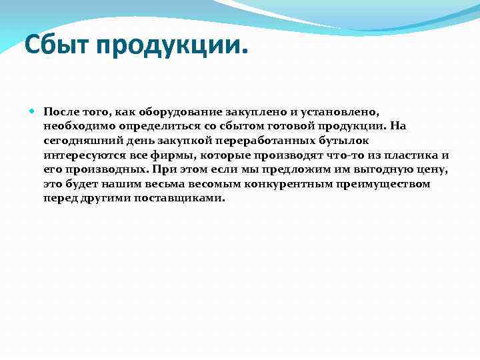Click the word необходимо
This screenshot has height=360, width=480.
tap(77, 125)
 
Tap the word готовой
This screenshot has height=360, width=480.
tap(295, 125)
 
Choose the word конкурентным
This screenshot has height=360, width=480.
tap(273, 183)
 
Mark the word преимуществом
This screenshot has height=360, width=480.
tap(377, 183)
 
